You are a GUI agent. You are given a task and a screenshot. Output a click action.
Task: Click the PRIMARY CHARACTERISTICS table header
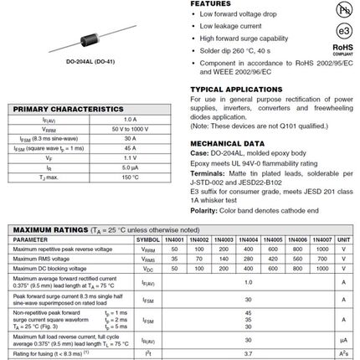click(x=69, y=110)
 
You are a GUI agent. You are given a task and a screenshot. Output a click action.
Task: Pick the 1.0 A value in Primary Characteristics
click(x=130, y=120)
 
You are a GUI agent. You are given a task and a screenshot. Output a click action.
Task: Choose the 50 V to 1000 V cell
click(x=130, y=129)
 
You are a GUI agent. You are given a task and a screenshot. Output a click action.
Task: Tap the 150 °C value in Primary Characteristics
click(x=130, y=177)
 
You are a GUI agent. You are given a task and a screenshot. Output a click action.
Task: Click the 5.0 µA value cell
click(x=130, y=167)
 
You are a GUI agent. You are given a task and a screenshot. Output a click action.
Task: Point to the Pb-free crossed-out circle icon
click(x=342, y=9)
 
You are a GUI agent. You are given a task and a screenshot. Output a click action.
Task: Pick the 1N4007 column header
click(x=321, y=239)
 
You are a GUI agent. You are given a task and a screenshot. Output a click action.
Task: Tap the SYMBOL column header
click(x=147, y=239)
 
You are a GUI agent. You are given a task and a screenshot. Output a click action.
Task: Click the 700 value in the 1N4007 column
click(x=321, y=259)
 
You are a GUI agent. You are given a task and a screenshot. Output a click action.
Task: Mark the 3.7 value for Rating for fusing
click(x=248, y=354)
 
